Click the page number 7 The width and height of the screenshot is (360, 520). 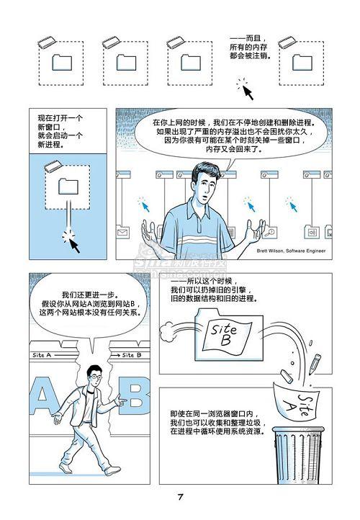[180, 497]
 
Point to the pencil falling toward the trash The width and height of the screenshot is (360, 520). [315, 364]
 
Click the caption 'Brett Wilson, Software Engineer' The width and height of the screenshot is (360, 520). [291, 251]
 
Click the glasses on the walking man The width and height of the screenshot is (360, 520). [96, 377]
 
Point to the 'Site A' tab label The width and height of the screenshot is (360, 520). [42, 355]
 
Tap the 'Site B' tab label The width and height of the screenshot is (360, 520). [132, 355]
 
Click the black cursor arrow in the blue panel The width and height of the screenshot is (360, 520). [74, 246]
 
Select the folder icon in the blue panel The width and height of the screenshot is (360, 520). [68, 187]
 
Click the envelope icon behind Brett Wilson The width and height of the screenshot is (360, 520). [123, 232]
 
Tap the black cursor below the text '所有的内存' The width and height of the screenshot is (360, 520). [248, 92]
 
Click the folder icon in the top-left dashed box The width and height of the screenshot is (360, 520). [62, 63]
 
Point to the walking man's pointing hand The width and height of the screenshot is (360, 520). [121, 401]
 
